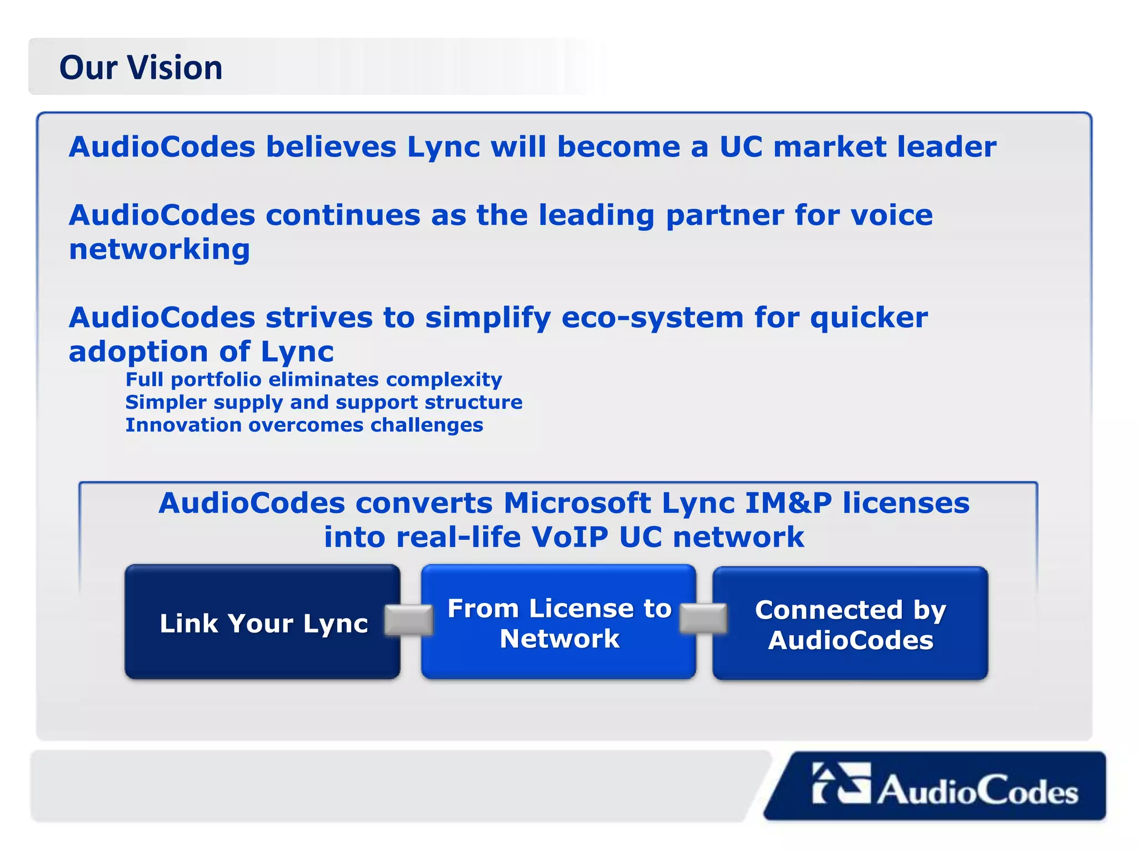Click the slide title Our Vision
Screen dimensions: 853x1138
(x=141, y=68)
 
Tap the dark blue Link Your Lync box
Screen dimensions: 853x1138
(x=263, y=623)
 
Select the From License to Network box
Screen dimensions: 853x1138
(x=558, y=623)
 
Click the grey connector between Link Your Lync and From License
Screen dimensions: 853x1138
(x=410, y=620)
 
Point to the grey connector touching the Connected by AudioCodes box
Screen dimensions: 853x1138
(x=703, y=619)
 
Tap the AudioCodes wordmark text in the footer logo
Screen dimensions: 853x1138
(x=978, y=790)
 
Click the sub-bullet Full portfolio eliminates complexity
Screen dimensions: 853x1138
(x=314, y=380)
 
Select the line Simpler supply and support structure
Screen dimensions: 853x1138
(x=324, y=403)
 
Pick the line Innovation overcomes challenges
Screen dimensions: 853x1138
(x=305, y=425)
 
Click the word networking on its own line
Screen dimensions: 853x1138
(x=159, y=249)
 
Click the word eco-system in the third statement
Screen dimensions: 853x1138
(x=652, y=318)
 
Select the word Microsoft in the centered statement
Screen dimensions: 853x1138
(x=577, y=503)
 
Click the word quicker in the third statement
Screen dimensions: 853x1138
(x=869, y=318)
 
